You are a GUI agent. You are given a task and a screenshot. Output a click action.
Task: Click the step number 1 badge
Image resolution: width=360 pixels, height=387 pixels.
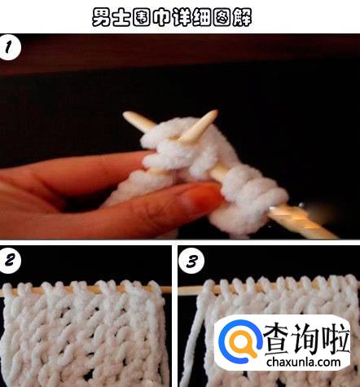coord(10,47)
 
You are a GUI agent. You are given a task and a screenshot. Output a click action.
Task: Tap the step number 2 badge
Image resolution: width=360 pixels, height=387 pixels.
coord(10,260)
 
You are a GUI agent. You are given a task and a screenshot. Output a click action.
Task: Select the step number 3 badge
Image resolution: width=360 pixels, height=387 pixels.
coord(191,261)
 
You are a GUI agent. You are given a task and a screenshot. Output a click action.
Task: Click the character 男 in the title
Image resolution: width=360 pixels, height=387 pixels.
coord(101,17)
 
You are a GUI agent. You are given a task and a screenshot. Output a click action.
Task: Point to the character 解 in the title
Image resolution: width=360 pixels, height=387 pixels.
coord(243,17)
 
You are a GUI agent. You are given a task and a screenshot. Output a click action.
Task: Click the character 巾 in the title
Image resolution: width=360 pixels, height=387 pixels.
coord(162,17)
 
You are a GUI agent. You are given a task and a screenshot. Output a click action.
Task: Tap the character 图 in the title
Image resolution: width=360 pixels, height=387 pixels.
coord(222,17)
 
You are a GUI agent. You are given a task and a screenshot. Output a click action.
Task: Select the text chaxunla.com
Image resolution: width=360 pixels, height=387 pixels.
coord(303,362)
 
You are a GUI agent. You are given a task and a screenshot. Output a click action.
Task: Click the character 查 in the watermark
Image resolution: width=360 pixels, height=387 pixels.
coord(278,339)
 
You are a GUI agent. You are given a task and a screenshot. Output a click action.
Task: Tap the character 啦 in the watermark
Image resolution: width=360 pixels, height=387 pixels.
coord(336,339)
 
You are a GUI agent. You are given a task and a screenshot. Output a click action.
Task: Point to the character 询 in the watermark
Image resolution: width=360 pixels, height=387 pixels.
coord(307,339)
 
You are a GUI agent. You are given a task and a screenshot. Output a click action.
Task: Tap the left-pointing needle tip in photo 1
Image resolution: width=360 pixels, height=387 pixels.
coord(125,114)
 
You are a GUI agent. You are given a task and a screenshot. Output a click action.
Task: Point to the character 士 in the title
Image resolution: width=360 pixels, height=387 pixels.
coord(121,17)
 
